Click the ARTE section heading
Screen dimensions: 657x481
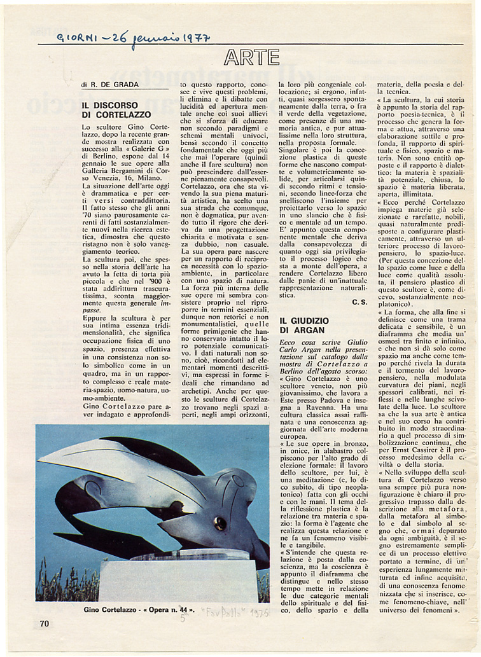click(x=251, y=57)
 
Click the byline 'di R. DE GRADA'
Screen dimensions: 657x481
click(x=110, y=85)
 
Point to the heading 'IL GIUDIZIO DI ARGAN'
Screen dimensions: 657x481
click(x=302, y=325)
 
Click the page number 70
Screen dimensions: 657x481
click(x=44, y=623)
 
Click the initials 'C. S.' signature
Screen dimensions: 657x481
click(x=359, y=303)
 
